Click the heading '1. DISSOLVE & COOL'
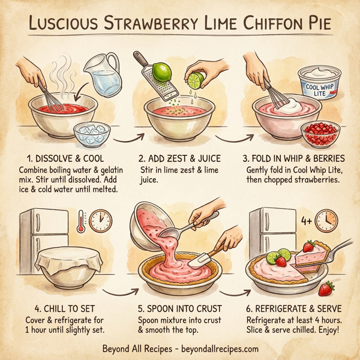61,159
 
